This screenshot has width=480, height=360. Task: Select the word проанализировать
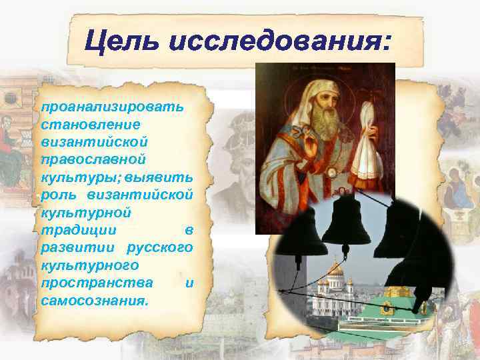point(113,108)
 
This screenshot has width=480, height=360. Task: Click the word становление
point(81,125)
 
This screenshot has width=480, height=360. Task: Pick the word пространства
point(96,283)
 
